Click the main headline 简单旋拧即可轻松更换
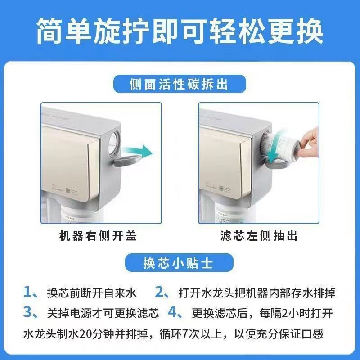[180, 31]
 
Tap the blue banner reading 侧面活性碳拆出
[180, 84]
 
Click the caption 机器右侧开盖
[98, 235]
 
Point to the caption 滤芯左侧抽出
[259, 235]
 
